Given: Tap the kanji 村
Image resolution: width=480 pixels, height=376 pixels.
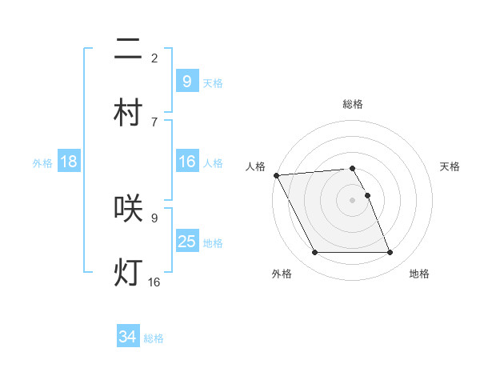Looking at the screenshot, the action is coord(128,113).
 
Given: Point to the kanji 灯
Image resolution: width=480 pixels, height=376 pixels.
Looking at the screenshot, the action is coord(128,272).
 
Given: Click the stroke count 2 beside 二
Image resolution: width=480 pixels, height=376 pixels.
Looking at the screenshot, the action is coord(154,58).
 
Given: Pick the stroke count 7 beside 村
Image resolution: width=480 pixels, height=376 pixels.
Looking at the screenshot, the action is coord(154,122).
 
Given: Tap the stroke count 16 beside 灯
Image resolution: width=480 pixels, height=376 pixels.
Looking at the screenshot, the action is coord(154,282).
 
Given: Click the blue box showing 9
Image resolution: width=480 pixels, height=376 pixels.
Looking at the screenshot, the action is coord(186,81).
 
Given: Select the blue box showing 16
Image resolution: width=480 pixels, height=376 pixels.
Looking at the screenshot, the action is coord(186,162).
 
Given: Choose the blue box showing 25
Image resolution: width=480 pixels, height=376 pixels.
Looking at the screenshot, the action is coord(186,241).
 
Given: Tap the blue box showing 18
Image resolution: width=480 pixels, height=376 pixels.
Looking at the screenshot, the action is coord(69,162).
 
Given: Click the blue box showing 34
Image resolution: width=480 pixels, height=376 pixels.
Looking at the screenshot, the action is coord(127,337).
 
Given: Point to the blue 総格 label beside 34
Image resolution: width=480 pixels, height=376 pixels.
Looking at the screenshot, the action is coord(154,338).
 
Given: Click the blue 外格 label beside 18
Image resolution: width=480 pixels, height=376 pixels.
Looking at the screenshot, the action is coord(42,163).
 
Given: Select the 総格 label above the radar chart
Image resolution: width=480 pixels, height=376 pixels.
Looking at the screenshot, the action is coord(353,104).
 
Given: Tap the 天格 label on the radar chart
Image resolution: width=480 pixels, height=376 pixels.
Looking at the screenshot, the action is coord(450,166).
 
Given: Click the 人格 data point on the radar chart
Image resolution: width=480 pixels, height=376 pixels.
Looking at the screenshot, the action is coord(276,175).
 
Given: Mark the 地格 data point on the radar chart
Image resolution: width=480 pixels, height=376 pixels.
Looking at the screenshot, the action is coord(390,253).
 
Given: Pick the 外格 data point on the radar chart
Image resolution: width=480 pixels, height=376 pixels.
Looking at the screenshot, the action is coord(314,253).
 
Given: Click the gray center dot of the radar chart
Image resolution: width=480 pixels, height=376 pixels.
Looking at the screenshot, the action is coord(352,200).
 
